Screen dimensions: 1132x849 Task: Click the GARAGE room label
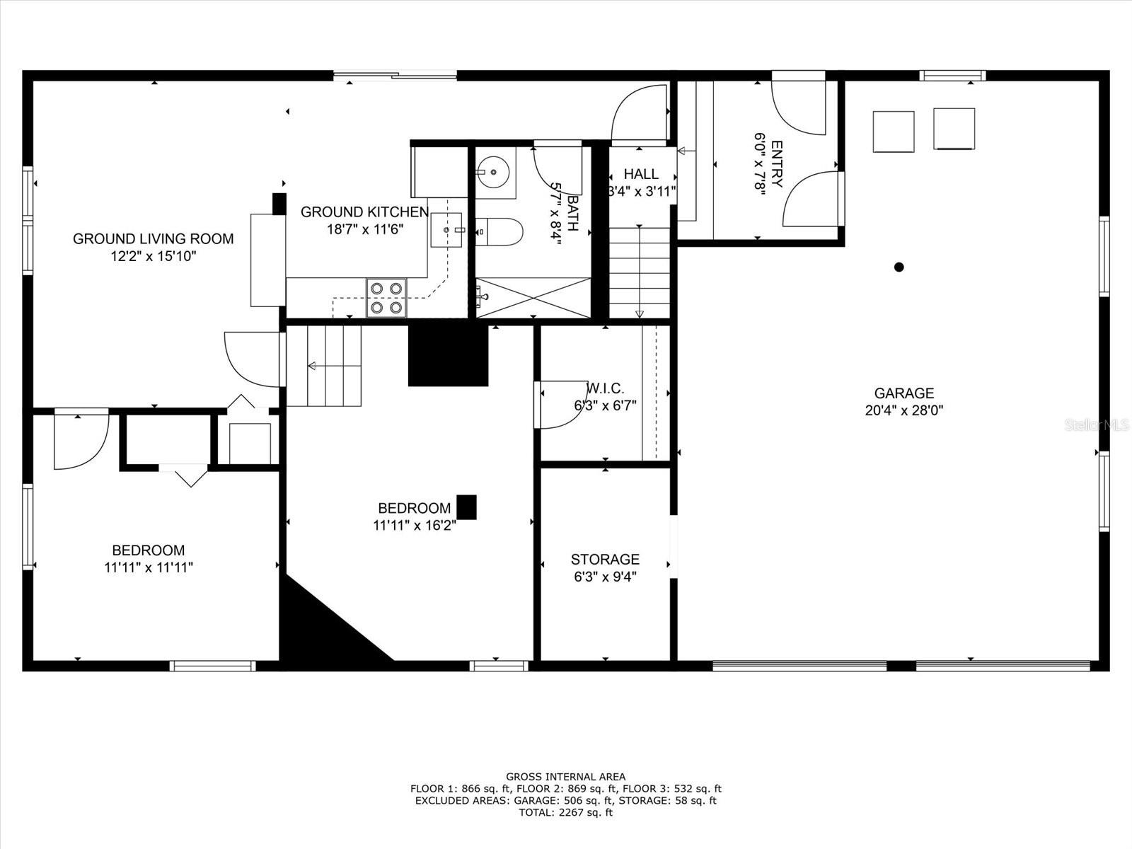[x=904, y=393]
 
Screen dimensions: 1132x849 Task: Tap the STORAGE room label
[x=605, y=560]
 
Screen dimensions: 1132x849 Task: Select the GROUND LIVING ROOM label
[x=153, y=238]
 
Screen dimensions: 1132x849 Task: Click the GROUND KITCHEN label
[x=364, y=212]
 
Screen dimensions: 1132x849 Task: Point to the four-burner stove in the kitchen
[x=386, y=298]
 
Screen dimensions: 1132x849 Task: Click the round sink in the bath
[x=493, y=171]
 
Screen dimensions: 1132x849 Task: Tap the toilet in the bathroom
[x=499, y=232]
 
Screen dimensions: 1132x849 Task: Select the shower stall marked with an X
[x=533, y=297]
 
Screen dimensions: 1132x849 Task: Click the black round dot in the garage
[x=899, y=267]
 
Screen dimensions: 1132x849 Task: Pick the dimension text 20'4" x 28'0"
[x=904, y=411]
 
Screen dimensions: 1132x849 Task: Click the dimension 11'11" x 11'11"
[x=149, y=567]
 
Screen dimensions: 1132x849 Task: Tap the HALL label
[x=641, y=174]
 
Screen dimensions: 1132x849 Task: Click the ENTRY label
[x=776, y=164]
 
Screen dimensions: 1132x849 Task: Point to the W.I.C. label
[x=606, y=388]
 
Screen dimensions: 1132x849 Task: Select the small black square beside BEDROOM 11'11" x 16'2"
[x=467, y=507]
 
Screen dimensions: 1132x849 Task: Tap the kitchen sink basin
[x=446, y=230]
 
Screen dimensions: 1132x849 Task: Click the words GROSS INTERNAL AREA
[x=566, y=777]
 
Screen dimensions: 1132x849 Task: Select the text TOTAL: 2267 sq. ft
[x=566, y=813]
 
